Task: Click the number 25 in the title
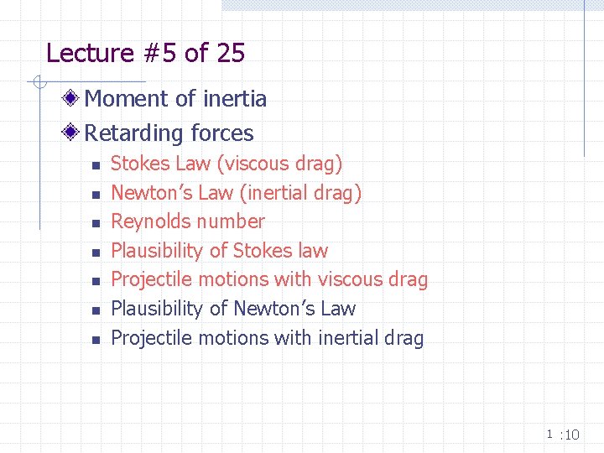(x=230, y=54)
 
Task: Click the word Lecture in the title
(x=90, y=54)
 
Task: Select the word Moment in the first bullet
(x=125, y=99)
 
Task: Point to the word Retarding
(x=133, y=133)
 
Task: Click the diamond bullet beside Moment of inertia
(x=74, y=99)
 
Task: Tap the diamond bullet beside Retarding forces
(x=74, y=133)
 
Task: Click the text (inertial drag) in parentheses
(x=300, y=193)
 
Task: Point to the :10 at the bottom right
(x=570, y=435)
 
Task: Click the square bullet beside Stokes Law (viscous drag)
(x=96, y=165)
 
